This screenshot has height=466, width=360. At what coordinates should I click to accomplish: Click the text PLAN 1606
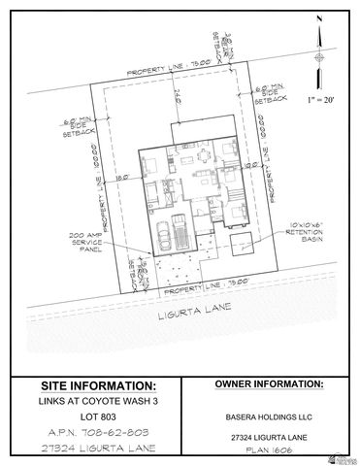tap(268, 450)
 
